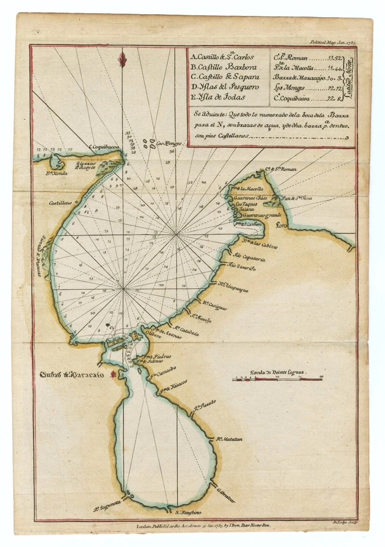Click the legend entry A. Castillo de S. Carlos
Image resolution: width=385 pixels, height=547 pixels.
pos(222,57)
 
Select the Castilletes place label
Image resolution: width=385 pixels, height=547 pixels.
pos(60,203)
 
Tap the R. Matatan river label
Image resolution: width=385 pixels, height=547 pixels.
pos(230,439)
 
